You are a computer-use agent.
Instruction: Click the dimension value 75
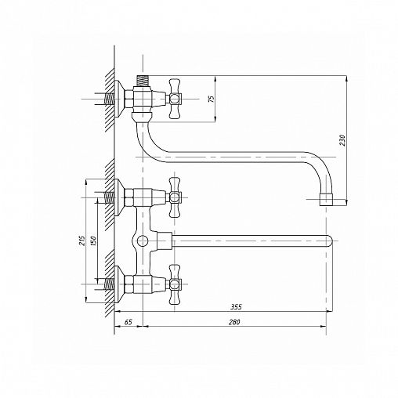[212, 99]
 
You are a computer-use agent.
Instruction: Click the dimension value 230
[342, 140]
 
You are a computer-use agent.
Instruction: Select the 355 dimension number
[236, 307]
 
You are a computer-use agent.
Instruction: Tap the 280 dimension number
[234, 322]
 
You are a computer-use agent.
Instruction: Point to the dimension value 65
[128, 322]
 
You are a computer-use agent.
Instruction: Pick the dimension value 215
[82, 241]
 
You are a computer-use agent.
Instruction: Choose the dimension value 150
[93, 241]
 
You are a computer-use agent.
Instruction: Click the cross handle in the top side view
[175, 99]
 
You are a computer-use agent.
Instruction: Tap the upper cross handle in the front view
[175, 197]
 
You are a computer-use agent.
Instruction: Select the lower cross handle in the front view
[175, 284]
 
